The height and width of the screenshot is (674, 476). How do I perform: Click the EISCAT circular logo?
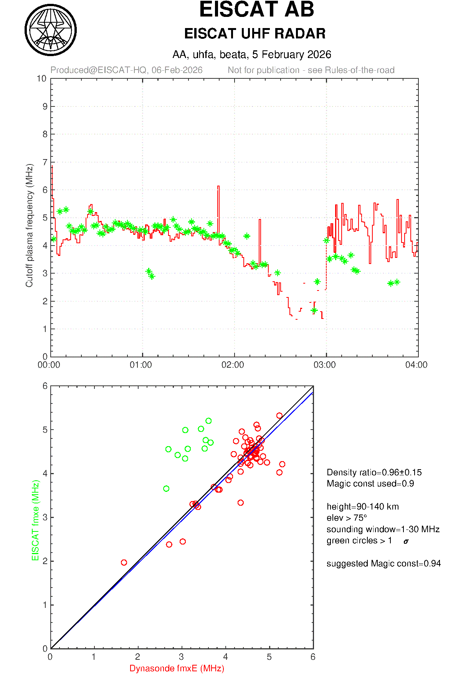point(51,30)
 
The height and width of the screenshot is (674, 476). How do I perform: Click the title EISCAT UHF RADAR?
point(255,34)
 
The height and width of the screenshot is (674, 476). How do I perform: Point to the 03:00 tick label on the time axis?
point(324,365)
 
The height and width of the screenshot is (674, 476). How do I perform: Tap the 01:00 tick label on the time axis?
point(141,365)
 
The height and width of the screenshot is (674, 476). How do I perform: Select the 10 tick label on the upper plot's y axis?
point(41,79)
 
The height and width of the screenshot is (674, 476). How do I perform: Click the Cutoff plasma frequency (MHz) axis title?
point(30,225)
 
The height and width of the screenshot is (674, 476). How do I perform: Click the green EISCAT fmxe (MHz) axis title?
point(36,520)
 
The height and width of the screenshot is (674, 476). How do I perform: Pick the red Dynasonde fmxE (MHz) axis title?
point(177,668)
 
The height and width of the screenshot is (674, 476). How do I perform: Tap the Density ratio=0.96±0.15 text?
point(374,472)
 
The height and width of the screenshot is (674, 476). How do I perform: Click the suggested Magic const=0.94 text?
point(383,563)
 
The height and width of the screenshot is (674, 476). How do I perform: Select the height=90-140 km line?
point(362,506)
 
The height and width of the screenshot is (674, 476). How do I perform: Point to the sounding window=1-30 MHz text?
point(383,529)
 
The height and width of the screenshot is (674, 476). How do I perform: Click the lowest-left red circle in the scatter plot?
point(124,563)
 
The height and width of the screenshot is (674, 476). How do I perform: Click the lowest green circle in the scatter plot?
point(166,489)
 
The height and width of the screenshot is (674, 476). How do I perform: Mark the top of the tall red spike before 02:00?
point(218,186)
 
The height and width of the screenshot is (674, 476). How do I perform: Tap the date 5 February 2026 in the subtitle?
point(291,55)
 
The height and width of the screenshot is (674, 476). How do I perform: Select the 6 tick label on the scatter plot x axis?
point(313,657)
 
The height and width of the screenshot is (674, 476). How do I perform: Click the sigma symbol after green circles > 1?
point(406,541)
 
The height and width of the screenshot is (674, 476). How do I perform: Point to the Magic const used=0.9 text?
point(370,483)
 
